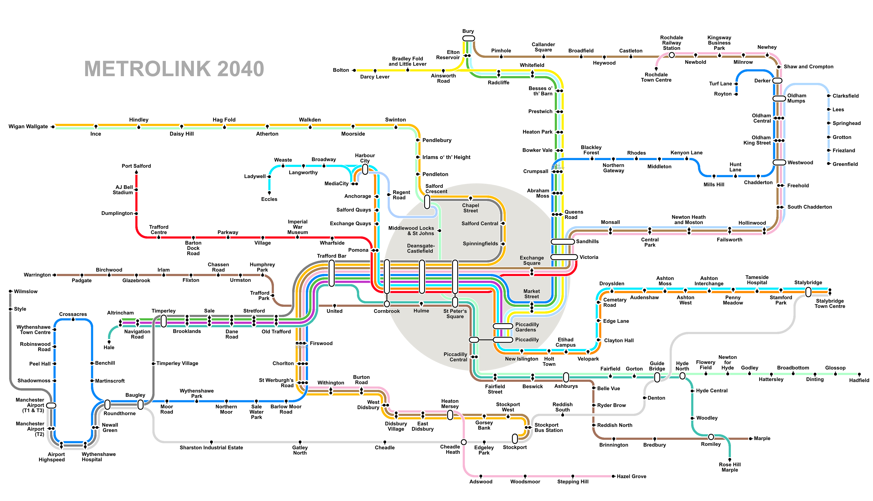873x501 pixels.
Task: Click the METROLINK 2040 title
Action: point(174,69)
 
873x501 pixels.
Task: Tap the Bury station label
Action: point(468,31)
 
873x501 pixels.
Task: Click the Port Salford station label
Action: point(136,166)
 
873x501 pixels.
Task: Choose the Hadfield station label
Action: point(859,380)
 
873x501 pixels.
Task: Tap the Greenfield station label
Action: point(845,164)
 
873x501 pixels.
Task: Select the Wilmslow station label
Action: point(25,292)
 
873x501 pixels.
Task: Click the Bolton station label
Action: point(341,70)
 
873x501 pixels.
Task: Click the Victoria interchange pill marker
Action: point(564,257)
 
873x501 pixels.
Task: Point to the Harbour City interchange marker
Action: point(365,169)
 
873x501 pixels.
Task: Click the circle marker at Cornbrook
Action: point(387,304)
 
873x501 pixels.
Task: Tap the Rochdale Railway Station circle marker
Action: point(671,55)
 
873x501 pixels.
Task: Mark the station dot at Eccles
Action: point(269,192)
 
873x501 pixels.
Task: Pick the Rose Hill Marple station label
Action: point(730,467)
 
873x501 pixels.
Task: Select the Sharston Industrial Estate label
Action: point(211,447)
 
